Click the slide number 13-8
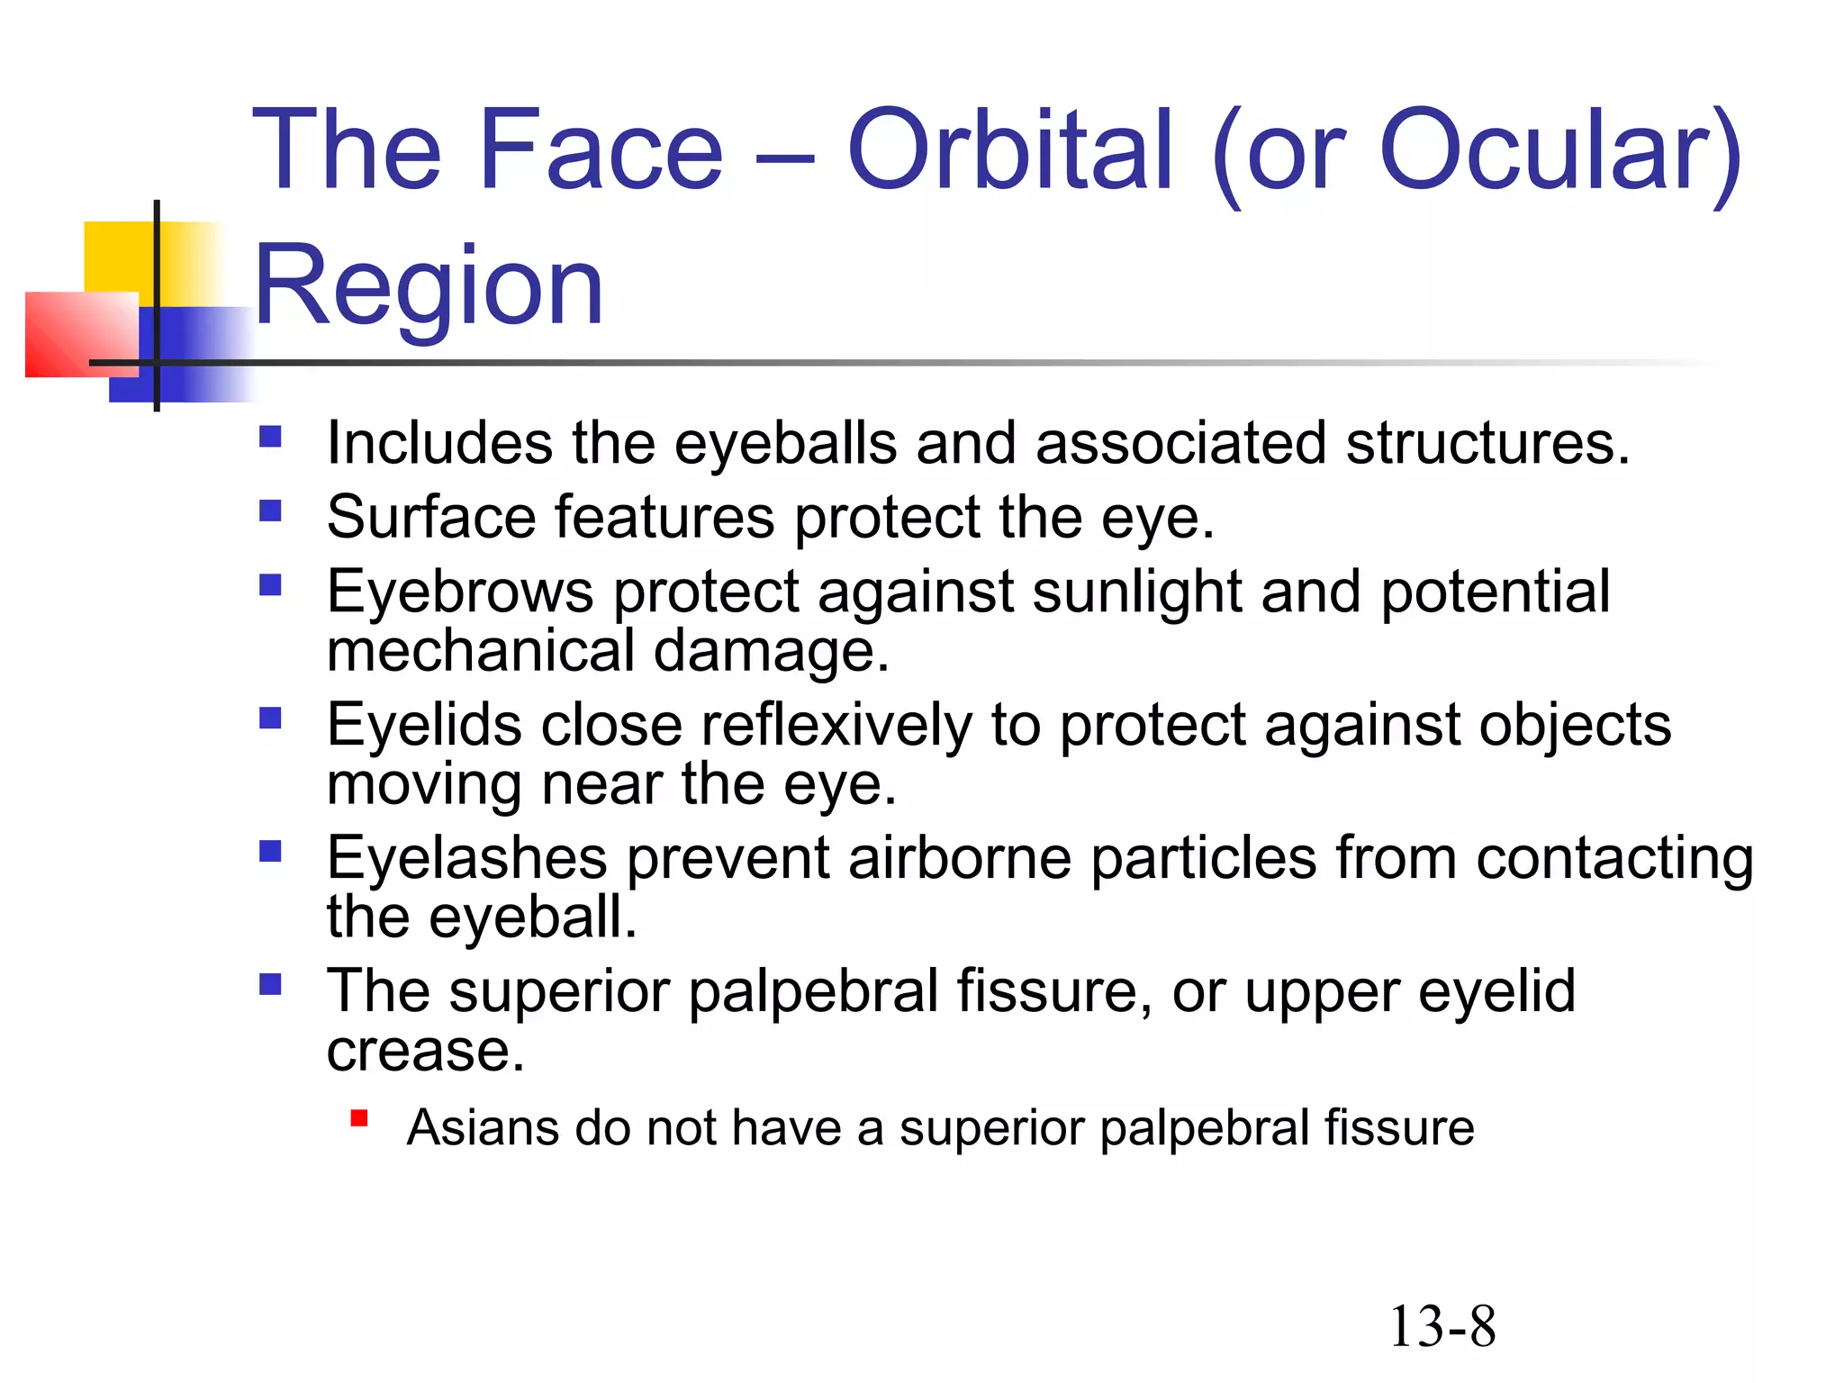tap(1442, 1327)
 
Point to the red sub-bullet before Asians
tap(359, 1118)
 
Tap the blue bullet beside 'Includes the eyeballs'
tap(270, 438)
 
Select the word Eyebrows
tap(460, 592)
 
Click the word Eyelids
tap(424, 725)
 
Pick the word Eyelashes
tap(467, 857)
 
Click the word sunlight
tap(1137, 592)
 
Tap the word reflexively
tap(836, 725)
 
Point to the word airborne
tap(959, 857)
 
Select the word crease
tap(424, 1051)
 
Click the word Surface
tap(431, 518)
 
